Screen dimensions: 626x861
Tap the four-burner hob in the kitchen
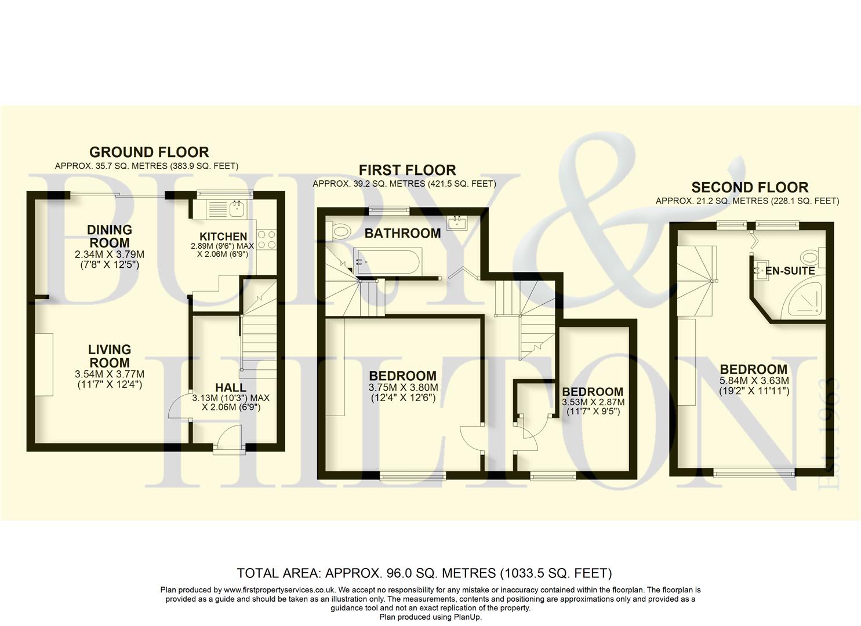click(267, 240)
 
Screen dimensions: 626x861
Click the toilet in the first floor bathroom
click(340, 232)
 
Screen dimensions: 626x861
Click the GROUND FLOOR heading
click(149, 152)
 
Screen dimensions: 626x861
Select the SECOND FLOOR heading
click(749, 188)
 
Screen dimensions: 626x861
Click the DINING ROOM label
click(110, 236)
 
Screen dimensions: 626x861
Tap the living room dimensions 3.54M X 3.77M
click(110, 374)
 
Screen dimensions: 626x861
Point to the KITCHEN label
click(223, 236)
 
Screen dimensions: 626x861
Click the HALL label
click(230, 388)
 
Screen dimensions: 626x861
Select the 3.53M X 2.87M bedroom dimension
click(593, 402)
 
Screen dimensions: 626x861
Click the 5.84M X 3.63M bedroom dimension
click(754, 381)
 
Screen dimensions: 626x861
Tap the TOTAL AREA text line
click(424, 574)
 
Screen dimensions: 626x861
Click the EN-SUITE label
click(790, 271)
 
